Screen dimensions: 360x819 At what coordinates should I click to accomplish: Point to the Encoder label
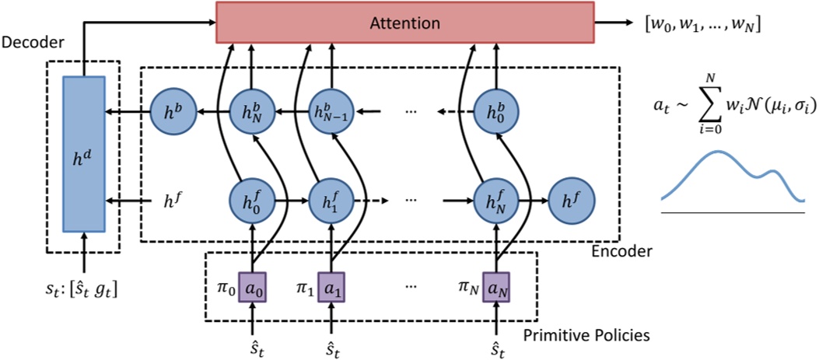(620, 252)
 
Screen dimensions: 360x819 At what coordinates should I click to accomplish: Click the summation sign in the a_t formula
(709, 104)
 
